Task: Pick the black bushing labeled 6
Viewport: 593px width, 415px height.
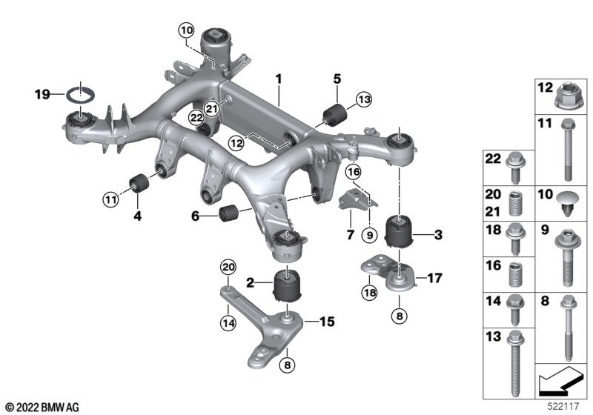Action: tap(228, 213)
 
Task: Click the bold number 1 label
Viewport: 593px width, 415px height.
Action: tap(279, 79)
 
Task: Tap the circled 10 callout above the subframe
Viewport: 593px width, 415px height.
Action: tap(187, 30)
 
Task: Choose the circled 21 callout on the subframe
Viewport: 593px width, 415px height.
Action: tap(212, 109)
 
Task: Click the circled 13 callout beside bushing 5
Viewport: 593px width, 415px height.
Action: tap(364, 100)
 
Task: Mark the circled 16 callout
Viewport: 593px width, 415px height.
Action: tap(354, 173)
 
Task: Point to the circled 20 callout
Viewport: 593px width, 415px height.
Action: tap(228, 268)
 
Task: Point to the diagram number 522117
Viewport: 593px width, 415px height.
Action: tap(563, 406)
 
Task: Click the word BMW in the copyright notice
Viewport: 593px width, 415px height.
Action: tap(52, 408)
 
